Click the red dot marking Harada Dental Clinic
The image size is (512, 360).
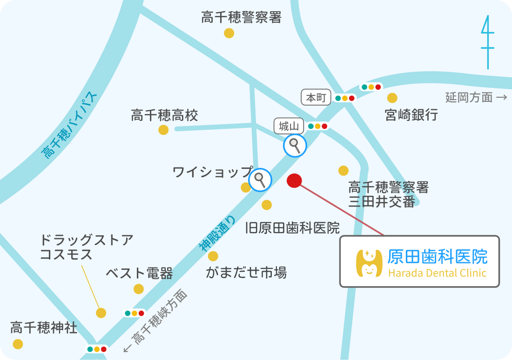294,180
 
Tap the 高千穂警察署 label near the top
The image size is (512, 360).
241,18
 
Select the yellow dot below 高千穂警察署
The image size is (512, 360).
229,33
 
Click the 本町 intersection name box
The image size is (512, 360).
317,98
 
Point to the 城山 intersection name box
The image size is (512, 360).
289,126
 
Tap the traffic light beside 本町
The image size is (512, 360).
345,98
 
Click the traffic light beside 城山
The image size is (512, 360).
318,126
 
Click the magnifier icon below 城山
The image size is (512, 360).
295,146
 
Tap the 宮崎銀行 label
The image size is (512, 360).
411,114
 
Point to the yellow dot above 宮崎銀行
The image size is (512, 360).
392,98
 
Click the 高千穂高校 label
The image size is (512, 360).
164,115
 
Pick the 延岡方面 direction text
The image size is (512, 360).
469,97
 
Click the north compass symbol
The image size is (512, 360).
487,42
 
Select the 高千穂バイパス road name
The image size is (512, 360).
70,126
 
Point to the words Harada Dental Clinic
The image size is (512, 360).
438,273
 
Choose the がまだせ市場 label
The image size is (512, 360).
246,272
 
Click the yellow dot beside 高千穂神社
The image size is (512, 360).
18,344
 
